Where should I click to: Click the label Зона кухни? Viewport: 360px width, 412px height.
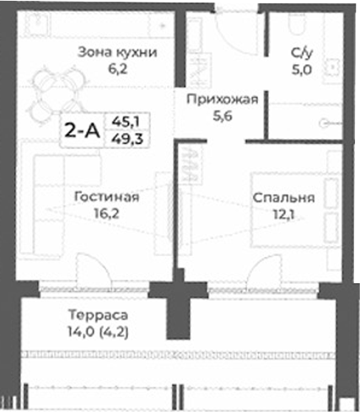click(x=117, y=52)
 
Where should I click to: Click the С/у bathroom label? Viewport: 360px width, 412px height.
click(x=301, y=53)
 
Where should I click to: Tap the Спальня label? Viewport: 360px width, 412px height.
click(x=282, y=199)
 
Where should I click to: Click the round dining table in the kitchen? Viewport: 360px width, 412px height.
click(x=50, y=92)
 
